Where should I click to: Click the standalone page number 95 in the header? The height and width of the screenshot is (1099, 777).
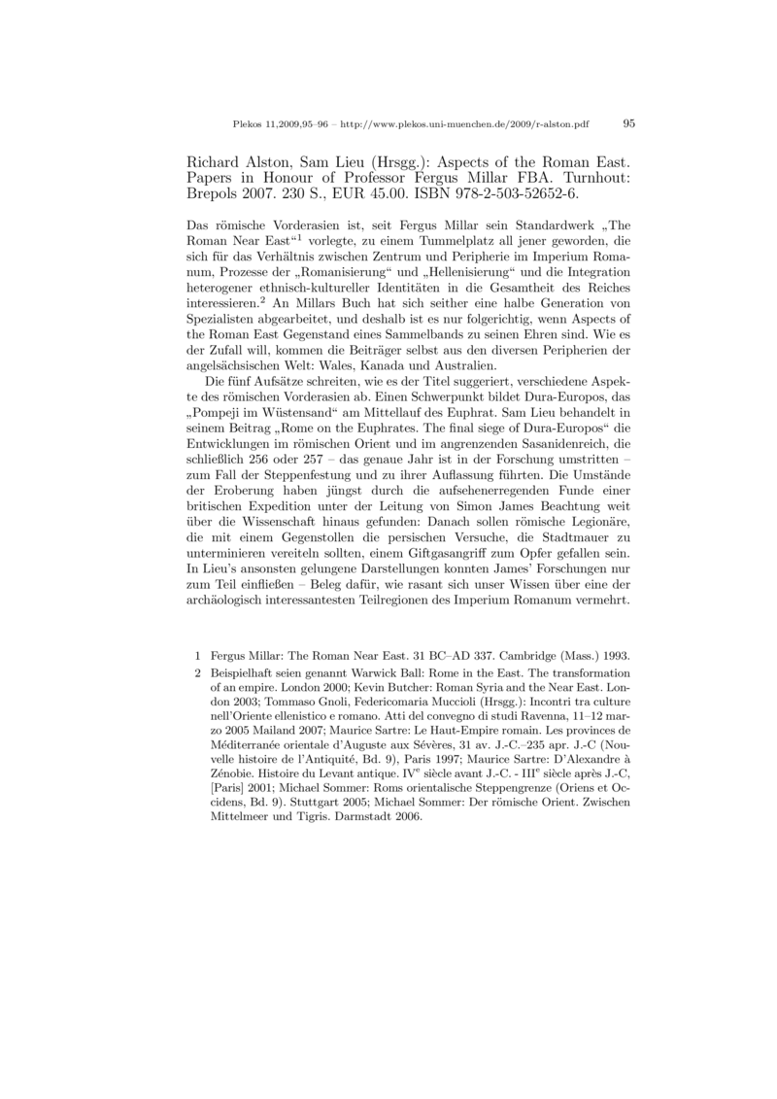coord(627,124)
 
